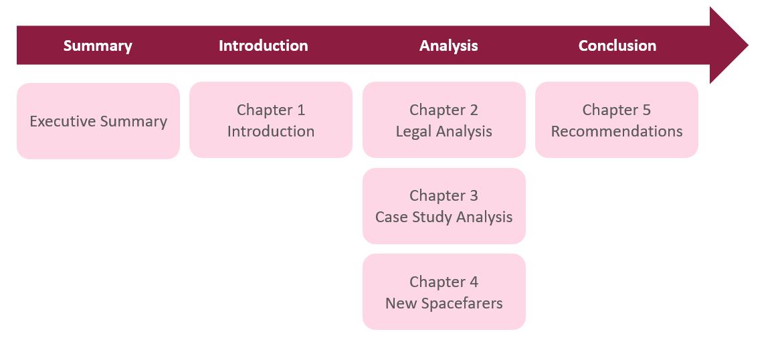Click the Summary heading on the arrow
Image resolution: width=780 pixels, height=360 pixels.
coord(98,46)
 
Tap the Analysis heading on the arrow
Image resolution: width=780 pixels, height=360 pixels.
coord(448,46)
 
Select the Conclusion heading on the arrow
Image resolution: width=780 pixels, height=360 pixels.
coord(617,46)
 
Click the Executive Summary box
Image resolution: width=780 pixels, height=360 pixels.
coord(98,121)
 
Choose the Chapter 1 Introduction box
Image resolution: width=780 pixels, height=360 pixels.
coord(270,120)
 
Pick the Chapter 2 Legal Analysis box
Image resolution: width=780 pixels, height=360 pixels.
coord(444,120)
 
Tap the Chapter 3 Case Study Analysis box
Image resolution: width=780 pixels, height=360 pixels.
coord(444,205)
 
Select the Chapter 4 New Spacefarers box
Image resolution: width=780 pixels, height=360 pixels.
coord(444,292)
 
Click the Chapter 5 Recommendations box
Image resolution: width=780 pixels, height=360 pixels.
coord(616,120)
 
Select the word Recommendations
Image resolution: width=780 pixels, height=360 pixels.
coord(617,131)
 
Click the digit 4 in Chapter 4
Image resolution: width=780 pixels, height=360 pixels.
coord(474,282)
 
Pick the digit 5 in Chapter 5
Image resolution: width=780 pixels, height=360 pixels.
coord(646,110)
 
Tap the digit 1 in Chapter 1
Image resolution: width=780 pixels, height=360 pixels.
coord(300,110)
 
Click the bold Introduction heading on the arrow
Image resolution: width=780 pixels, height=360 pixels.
coord(263,46)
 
